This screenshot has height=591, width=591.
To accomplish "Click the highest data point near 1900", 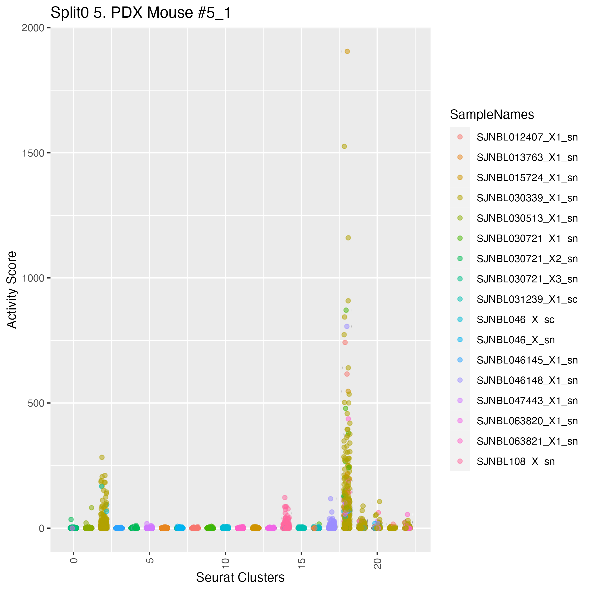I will pos(347,52).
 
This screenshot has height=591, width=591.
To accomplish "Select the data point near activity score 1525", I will pos(344,146).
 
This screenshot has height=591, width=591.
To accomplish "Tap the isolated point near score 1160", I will pos(348,238).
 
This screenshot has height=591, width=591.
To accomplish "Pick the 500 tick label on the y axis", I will pos(36,403).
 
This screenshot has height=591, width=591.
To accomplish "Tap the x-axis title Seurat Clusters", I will pos(240,577).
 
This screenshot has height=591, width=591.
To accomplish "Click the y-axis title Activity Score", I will pos(12,290).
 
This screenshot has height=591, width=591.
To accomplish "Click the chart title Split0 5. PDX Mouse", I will pos(141,13).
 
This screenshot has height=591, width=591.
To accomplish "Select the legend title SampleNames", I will pos(492,115).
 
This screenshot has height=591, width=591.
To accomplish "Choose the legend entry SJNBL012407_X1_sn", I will pos(527,137).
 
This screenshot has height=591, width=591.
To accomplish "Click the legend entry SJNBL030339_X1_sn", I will pos(527,198).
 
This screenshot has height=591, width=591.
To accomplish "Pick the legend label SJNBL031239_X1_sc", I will pos(527,300).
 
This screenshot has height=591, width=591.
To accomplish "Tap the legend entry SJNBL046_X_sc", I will pos(516,320).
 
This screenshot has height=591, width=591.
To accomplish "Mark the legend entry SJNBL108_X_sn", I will pos(516,461).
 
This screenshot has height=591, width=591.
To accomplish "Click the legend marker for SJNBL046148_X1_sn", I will pos(460,380).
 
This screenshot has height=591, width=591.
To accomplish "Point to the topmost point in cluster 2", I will pos(102,457).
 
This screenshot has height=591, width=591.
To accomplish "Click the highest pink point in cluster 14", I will pos(285,498).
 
